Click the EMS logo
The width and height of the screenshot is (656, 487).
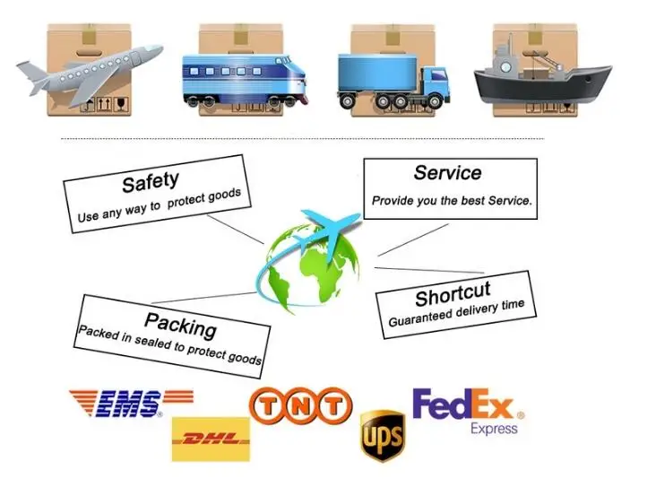(x=131, y=404)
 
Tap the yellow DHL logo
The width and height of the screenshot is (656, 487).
(x=210, y=439)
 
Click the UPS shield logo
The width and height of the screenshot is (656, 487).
(x=381, y=437)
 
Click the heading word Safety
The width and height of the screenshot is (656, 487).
(x=151, y=182)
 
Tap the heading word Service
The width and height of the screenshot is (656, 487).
(x=447, y=173)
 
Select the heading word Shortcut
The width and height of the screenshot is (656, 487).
(x=453, y=293)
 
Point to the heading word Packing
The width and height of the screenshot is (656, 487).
(x=180, y=323)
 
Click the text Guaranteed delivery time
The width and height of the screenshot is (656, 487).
(x=456, y=312)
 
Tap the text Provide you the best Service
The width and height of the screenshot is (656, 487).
(x=452, y=201)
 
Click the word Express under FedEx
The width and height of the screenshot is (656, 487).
(x=494, y=429)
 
